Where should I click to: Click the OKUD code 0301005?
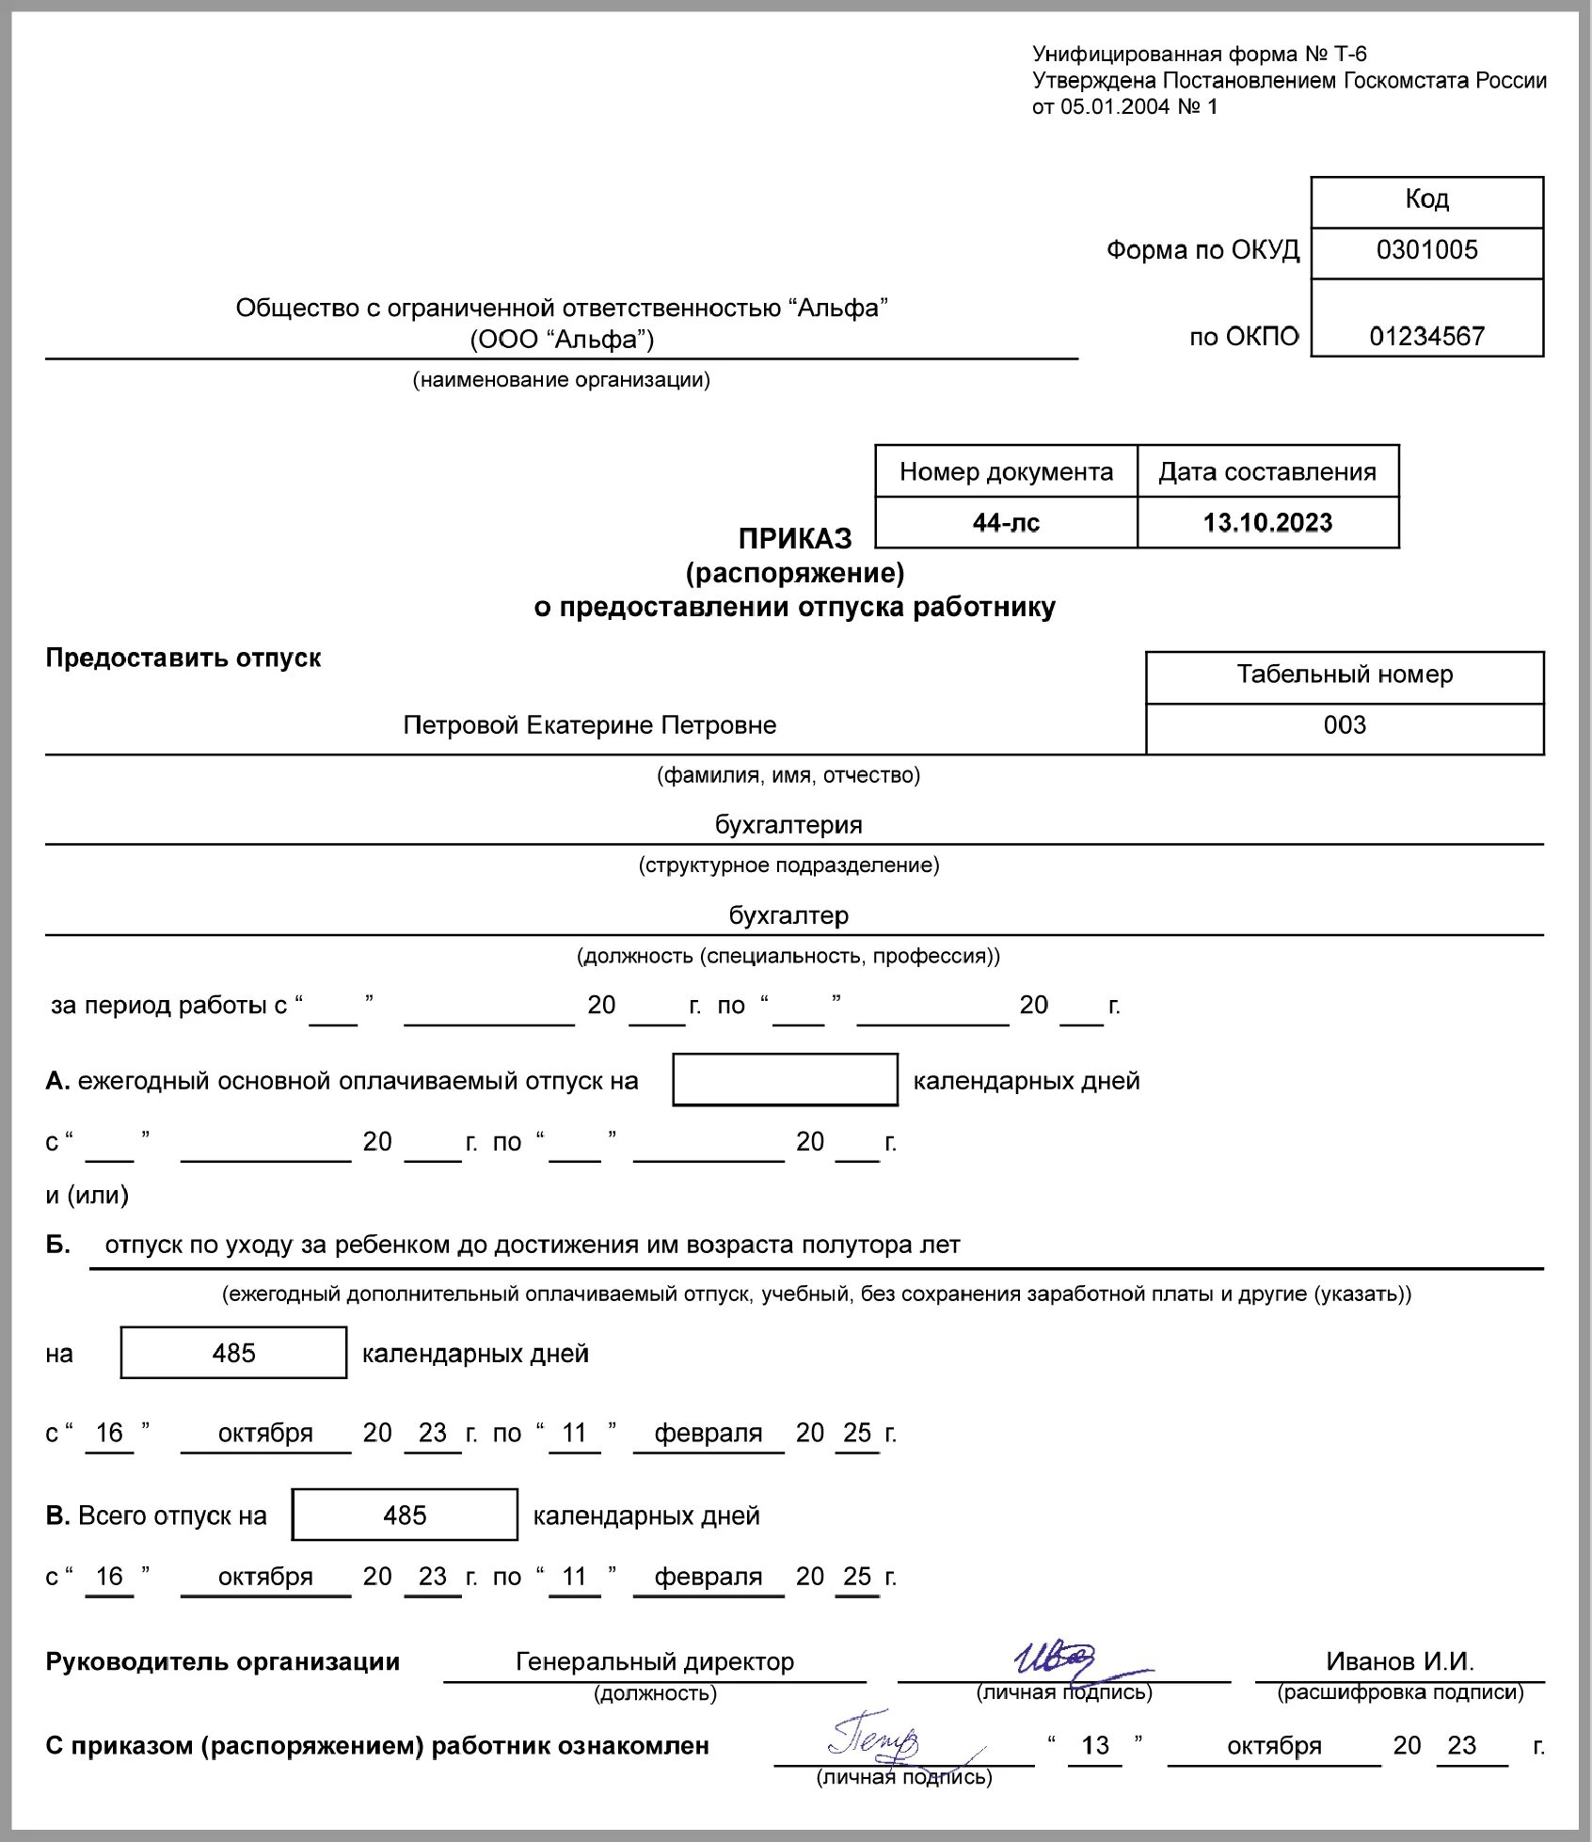[x=1426, y=250]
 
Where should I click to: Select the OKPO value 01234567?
[x=1426, y=337]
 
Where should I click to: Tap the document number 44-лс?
[x=1006, y=523]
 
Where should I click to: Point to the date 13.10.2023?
[x=1267, y=523]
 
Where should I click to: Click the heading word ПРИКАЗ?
[x=795, y=539]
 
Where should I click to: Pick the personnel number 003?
[x=1345, y=725]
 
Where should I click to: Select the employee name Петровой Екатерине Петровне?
[x=590, y=725]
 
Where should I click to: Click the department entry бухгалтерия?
[x=788, y=825]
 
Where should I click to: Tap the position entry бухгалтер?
[x=788, y=915]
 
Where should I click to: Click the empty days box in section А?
[x=785, y=1080]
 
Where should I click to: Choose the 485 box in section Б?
[x=233, y=1353]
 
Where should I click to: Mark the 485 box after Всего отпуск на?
[x=405, y=1515]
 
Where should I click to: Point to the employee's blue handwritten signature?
[x=875, y=1742]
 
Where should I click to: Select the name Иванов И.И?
[x=1400, y=1662]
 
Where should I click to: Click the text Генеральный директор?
[x=655, y=1662]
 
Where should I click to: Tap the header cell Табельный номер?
[x=1345, y=675]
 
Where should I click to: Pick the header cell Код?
[x=1426, y=199]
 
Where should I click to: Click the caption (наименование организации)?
[x=561, y=380]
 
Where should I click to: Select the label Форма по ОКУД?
[x=1202, y=250]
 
